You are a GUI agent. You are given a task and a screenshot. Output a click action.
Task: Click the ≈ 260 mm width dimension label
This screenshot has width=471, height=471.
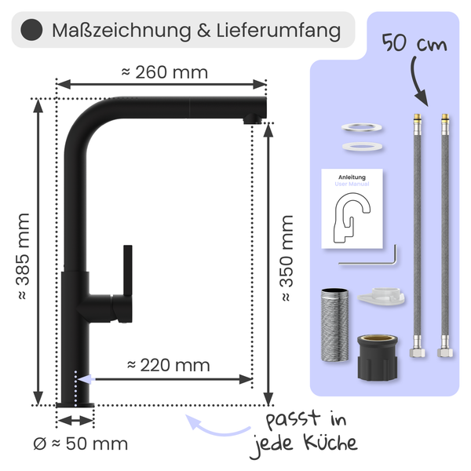[165, 73]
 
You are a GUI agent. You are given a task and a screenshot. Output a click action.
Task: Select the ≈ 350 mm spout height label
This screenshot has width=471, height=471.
[287, 258]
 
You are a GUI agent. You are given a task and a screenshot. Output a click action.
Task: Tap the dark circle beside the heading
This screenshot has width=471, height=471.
[31, 31]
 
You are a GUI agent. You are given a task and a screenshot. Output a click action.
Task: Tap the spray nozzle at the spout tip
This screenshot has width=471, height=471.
[252, 119]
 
